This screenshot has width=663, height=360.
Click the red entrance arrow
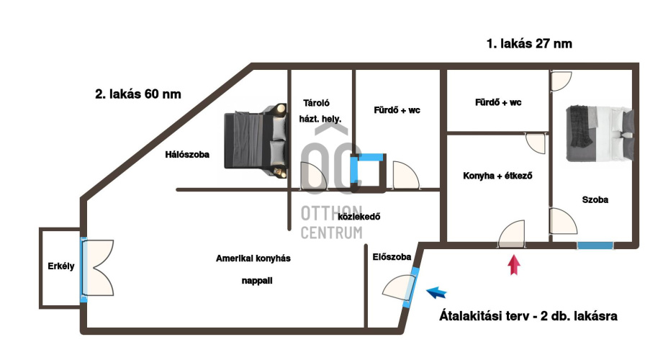(513, 266)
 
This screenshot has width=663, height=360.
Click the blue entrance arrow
(436, 292)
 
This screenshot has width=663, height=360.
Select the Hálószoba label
(186, 153)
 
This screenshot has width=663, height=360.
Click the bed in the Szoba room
(599, 132)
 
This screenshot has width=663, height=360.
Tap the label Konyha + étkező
(497, 175)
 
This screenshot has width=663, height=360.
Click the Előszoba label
(392, 256)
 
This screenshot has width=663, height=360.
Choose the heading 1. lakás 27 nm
(529, 44)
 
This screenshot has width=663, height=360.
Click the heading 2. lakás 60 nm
(138, 94)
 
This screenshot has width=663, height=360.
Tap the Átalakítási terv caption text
(528, 315)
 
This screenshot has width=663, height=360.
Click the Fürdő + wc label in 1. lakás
(498, 103)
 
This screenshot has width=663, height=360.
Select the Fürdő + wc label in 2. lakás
(397, 110)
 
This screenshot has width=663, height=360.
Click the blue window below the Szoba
(595, 246)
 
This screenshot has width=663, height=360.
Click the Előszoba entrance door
(400, 286)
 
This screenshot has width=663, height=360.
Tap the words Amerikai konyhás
(253, 258)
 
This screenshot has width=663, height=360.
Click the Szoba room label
(595, 200)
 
